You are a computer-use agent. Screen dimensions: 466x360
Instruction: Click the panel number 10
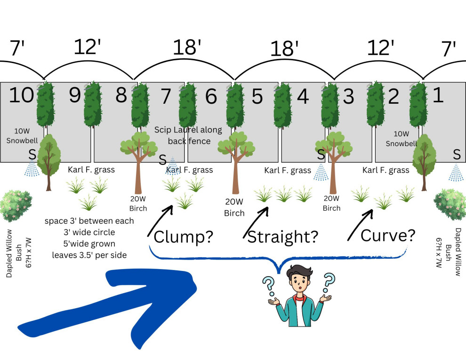[21, 95]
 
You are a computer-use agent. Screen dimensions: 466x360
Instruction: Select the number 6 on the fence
[211, 96]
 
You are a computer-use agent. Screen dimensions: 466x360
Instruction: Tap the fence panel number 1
[438, 95]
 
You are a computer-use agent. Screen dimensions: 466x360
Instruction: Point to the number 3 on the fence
[348, 96]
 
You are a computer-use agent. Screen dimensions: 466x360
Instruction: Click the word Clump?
[184, 237]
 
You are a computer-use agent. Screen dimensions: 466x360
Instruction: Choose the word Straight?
[282, 237]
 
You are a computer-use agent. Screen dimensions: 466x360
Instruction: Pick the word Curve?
[388, 235]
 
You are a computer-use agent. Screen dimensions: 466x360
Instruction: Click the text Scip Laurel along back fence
[188, 135]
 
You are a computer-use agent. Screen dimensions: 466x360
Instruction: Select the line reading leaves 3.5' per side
[89, 255]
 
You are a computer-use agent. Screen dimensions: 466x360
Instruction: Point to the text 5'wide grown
[89, 244]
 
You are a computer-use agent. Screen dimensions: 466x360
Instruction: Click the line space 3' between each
[89, 221]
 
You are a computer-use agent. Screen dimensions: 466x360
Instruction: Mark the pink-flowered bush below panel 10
[16, 206]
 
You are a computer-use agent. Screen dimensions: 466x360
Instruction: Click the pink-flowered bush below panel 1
[450, 205]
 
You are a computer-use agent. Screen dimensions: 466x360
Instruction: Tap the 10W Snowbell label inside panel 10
[22, 136]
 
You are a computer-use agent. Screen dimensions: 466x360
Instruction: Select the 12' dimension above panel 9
[87, 47]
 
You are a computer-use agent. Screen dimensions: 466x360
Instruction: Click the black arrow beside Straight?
[256, 222]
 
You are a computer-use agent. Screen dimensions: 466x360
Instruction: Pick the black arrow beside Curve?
[360, 225]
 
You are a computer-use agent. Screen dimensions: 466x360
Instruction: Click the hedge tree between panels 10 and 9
[46, 104]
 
